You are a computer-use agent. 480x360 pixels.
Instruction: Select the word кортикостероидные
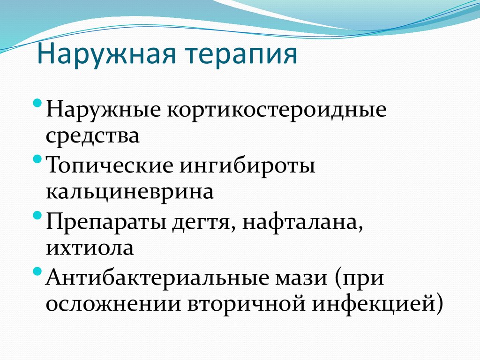[x=274, y=112]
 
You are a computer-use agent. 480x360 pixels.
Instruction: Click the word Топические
[x=107, y=167]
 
